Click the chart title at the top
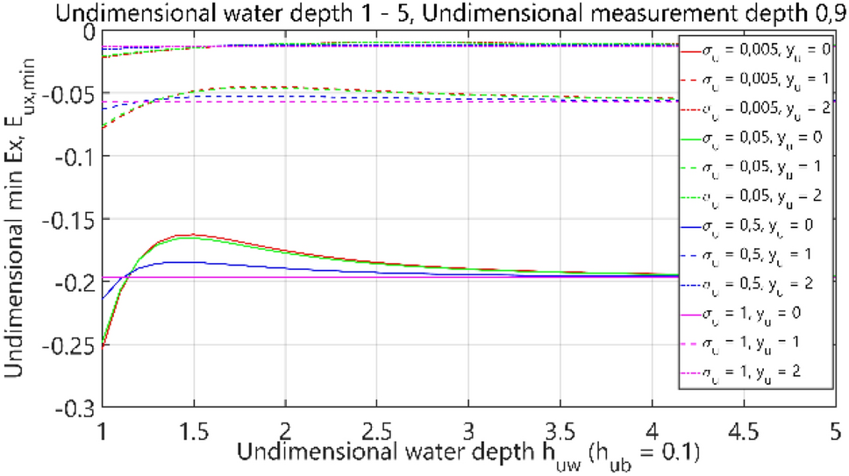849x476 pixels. [424, 12]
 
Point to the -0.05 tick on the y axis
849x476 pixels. [74, 93]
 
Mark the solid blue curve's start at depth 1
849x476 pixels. [103, 298]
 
